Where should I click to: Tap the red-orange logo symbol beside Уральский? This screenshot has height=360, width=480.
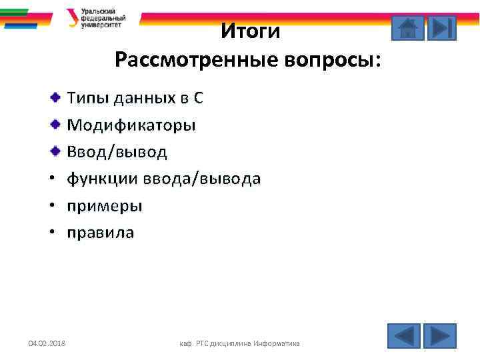coord(73,17)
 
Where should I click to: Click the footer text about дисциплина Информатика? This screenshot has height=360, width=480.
coord(240,343)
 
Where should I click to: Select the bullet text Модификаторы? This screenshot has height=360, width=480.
coord(131,125)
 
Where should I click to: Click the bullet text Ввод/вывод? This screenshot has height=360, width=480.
coord(117,152)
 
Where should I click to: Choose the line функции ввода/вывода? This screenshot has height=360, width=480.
coord(163,179)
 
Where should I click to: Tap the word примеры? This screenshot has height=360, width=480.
coord(104,206)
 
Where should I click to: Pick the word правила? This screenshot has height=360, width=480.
coord(100,233)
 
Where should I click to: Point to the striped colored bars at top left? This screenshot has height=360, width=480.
coord(25,17)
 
